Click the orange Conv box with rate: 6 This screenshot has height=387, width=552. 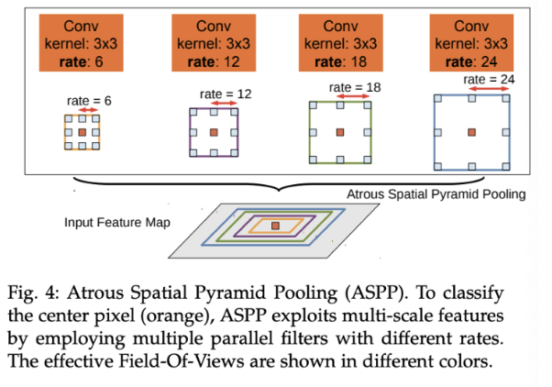coord(81,43)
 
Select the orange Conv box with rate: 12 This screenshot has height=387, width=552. coord(214,43)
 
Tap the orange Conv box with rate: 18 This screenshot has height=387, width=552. coord(341,43)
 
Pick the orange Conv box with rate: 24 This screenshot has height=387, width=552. coord(471,43)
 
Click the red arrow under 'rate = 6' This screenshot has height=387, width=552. coord(89,110)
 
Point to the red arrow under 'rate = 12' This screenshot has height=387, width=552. coord(224,104)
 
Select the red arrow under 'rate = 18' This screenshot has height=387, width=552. coord(353,96)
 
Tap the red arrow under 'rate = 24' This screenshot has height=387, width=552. coord(489,89)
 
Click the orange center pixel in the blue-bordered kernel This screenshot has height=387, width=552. coord(471,132)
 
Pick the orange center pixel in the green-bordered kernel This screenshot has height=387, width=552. coord(340,132)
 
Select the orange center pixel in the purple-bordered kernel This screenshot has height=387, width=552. coord(214,132)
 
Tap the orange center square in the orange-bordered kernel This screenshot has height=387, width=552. coord(82,132)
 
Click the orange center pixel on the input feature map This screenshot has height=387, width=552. coord(275,226)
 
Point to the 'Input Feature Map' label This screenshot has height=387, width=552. coord(117,223)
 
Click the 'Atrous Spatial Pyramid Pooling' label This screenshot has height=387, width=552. coord(436,194)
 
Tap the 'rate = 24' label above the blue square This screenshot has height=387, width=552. coord(489,80)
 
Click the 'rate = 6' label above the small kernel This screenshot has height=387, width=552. coord(89,101)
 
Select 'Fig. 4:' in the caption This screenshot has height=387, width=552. coord(33,293)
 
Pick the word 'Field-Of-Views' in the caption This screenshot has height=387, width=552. coord(181,361)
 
